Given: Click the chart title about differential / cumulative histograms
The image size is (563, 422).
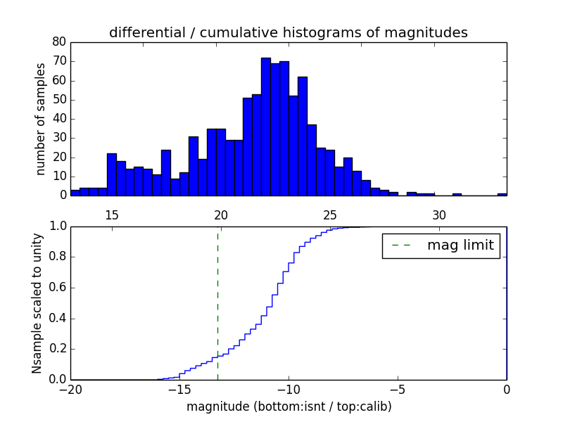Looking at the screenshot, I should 289,32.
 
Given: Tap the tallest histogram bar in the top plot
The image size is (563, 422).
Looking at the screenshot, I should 266,127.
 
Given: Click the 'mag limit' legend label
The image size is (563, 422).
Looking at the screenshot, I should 460,245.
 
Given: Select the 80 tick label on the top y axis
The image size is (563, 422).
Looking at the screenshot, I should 60,42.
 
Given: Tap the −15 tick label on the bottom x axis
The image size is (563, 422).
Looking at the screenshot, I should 179,390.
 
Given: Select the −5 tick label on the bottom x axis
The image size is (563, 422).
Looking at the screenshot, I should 398,390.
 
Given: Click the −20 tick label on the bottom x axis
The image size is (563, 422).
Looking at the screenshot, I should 70,390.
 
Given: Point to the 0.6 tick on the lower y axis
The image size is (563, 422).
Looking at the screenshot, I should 58,288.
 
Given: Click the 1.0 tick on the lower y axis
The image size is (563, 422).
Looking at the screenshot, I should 58,226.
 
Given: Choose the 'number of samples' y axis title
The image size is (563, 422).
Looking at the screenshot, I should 41,119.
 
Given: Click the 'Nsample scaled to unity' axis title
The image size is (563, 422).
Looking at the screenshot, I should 37,303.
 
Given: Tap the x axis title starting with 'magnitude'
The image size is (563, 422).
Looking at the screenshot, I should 289,407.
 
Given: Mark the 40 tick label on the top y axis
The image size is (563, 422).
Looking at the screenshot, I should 60,119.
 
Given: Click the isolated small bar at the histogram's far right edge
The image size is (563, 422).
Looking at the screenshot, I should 502,193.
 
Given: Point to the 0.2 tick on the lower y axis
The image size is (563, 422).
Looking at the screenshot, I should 58,349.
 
